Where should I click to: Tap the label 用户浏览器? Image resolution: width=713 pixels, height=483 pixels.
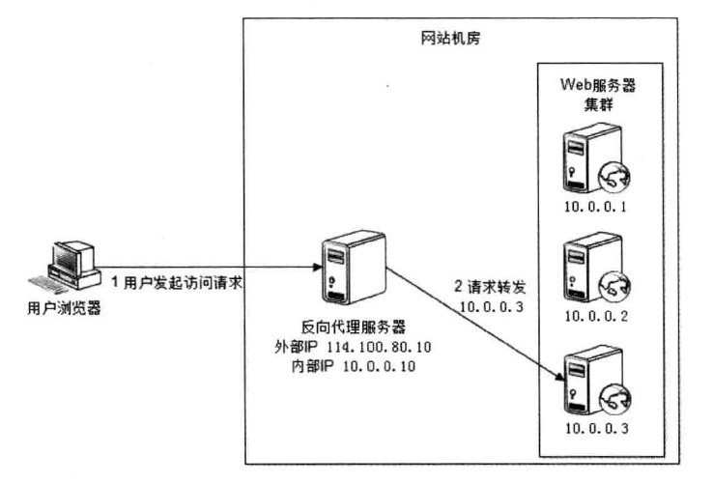click(x=64, y=309)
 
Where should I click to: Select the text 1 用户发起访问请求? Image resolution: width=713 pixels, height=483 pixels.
click(x=175, y=283)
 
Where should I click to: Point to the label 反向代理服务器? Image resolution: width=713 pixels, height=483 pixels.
click(x=339, y=328)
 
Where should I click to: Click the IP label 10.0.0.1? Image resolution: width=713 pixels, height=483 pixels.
click(x=599, y=207)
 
